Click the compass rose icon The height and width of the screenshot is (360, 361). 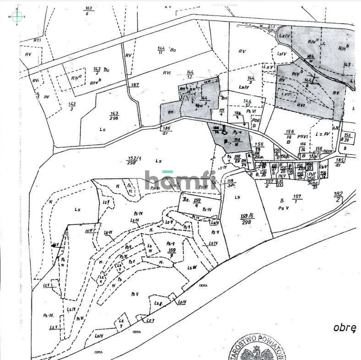pos(17,16)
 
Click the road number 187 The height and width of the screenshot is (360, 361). pos(135,85)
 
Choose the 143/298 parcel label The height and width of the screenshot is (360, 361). pos(114,116)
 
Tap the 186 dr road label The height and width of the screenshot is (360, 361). pos(166,131)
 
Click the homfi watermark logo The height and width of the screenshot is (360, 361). pos(180,179)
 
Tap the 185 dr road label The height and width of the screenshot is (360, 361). pos(339,162)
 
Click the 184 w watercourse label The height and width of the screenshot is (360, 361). pos(310,58)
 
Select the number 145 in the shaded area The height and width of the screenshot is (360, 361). pos(347,65)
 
